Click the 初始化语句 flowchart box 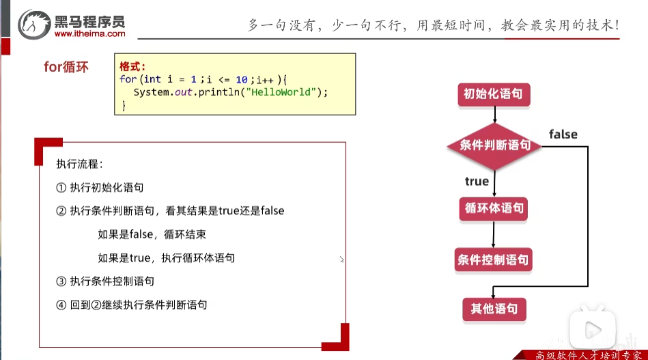click(493, 94)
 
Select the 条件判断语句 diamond click(494, 145)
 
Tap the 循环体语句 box click(494, 208)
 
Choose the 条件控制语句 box click(492, 260)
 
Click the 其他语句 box click(494, 308)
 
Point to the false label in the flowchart click(563, 135)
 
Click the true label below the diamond click(477, 181)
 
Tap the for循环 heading click(66, 68)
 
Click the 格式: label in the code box click(132, 67)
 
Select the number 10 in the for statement click(241, 79)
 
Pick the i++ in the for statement click(266, 79)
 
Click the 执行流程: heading click(80, 164)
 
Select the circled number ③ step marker click(61, 281)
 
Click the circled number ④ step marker click(61, 305)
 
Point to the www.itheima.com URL click(89, 33)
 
